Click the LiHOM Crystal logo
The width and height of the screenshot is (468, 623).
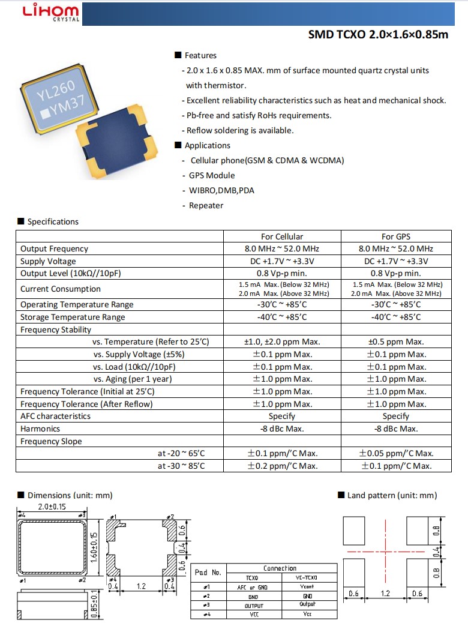[50, 13]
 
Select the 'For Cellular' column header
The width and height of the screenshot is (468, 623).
[282, 236]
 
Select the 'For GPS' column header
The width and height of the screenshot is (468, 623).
[395, 236]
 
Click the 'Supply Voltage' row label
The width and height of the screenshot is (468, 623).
[48, 261]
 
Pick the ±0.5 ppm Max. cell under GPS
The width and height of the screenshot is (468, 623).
[395, 342]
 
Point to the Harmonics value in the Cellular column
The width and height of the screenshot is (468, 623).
[282, 429]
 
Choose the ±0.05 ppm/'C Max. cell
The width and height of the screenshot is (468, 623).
[395, 453]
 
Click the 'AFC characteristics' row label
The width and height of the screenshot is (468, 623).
[55, 416]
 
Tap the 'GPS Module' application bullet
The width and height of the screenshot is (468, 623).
[212, 175]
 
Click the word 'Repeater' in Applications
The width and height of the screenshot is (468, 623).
[206, 205]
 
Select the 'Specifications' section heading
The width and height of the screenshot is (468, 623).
[53, 221]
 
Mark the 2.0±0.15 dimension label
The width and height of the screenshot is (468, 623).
[52, 507]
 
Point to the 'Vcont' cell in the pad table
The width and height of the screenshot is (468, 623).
[307, 587]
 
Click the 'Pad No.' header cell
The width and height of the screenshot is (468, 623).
[208, 573]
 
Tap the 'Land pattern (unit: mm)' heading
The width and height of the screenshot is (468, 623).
[392, 495]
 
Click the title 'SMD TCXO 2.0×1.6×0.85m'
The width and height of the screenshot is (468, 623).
[378, 34]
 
